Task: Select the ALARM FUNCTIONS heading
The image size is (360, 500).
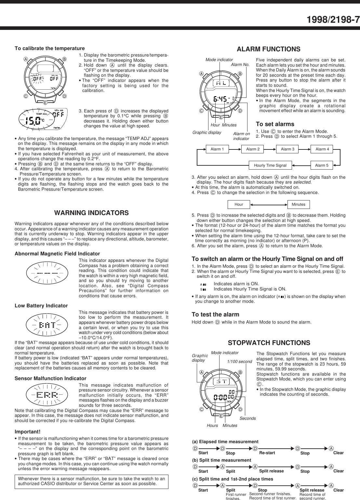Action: pyautogui.click(x=268, y=49)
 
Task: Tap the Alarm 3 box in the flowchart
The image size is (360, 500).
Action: pyautogui.click(x=287, y=149)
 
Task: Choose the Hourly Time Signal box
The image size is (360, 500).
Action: pyautogui.click(x=270, y=165)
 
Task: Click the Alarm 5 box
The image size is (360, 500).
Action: pyautogui.click(x=322, y=165)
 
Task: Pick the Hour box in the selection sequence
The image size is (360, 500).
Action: pyautogui.click(x=239, y=204)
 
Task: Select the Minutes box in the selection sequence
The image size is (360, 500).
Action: pyautogui.click(x=298, y=204)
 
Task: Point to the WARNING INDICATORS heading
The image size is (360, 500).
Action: pyautogui.click(x=91, y=213)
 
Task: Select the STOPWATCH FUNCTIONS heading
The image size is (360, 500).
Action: pyautogui.click(x=269, y=343)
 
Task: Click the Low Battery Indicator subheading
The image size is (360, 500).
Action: pyautogui.click(x=41, y=306)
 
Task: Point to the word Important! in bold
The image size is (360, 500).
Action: pyautogui.click(x=28, y=432)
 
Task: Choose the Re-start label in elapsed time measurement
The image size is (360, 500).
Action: pyautogui.click(x=267, y=453)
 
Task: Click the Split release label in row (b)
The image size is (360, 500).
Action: pyautogui.click(x=271, y=471)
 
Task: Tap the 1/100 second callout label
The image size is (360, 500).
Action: pyautogui.click(x=239, y=362)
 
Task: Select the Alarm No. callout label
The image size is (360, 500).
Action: pyautogui.click(x=240, y=65)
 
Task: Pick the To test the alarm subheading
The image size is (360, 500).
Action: pyautogui.click(x=215, y=314)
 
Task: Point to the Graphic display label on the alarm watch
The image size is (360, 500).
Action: pyautogui.click(x=207, y=133)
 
